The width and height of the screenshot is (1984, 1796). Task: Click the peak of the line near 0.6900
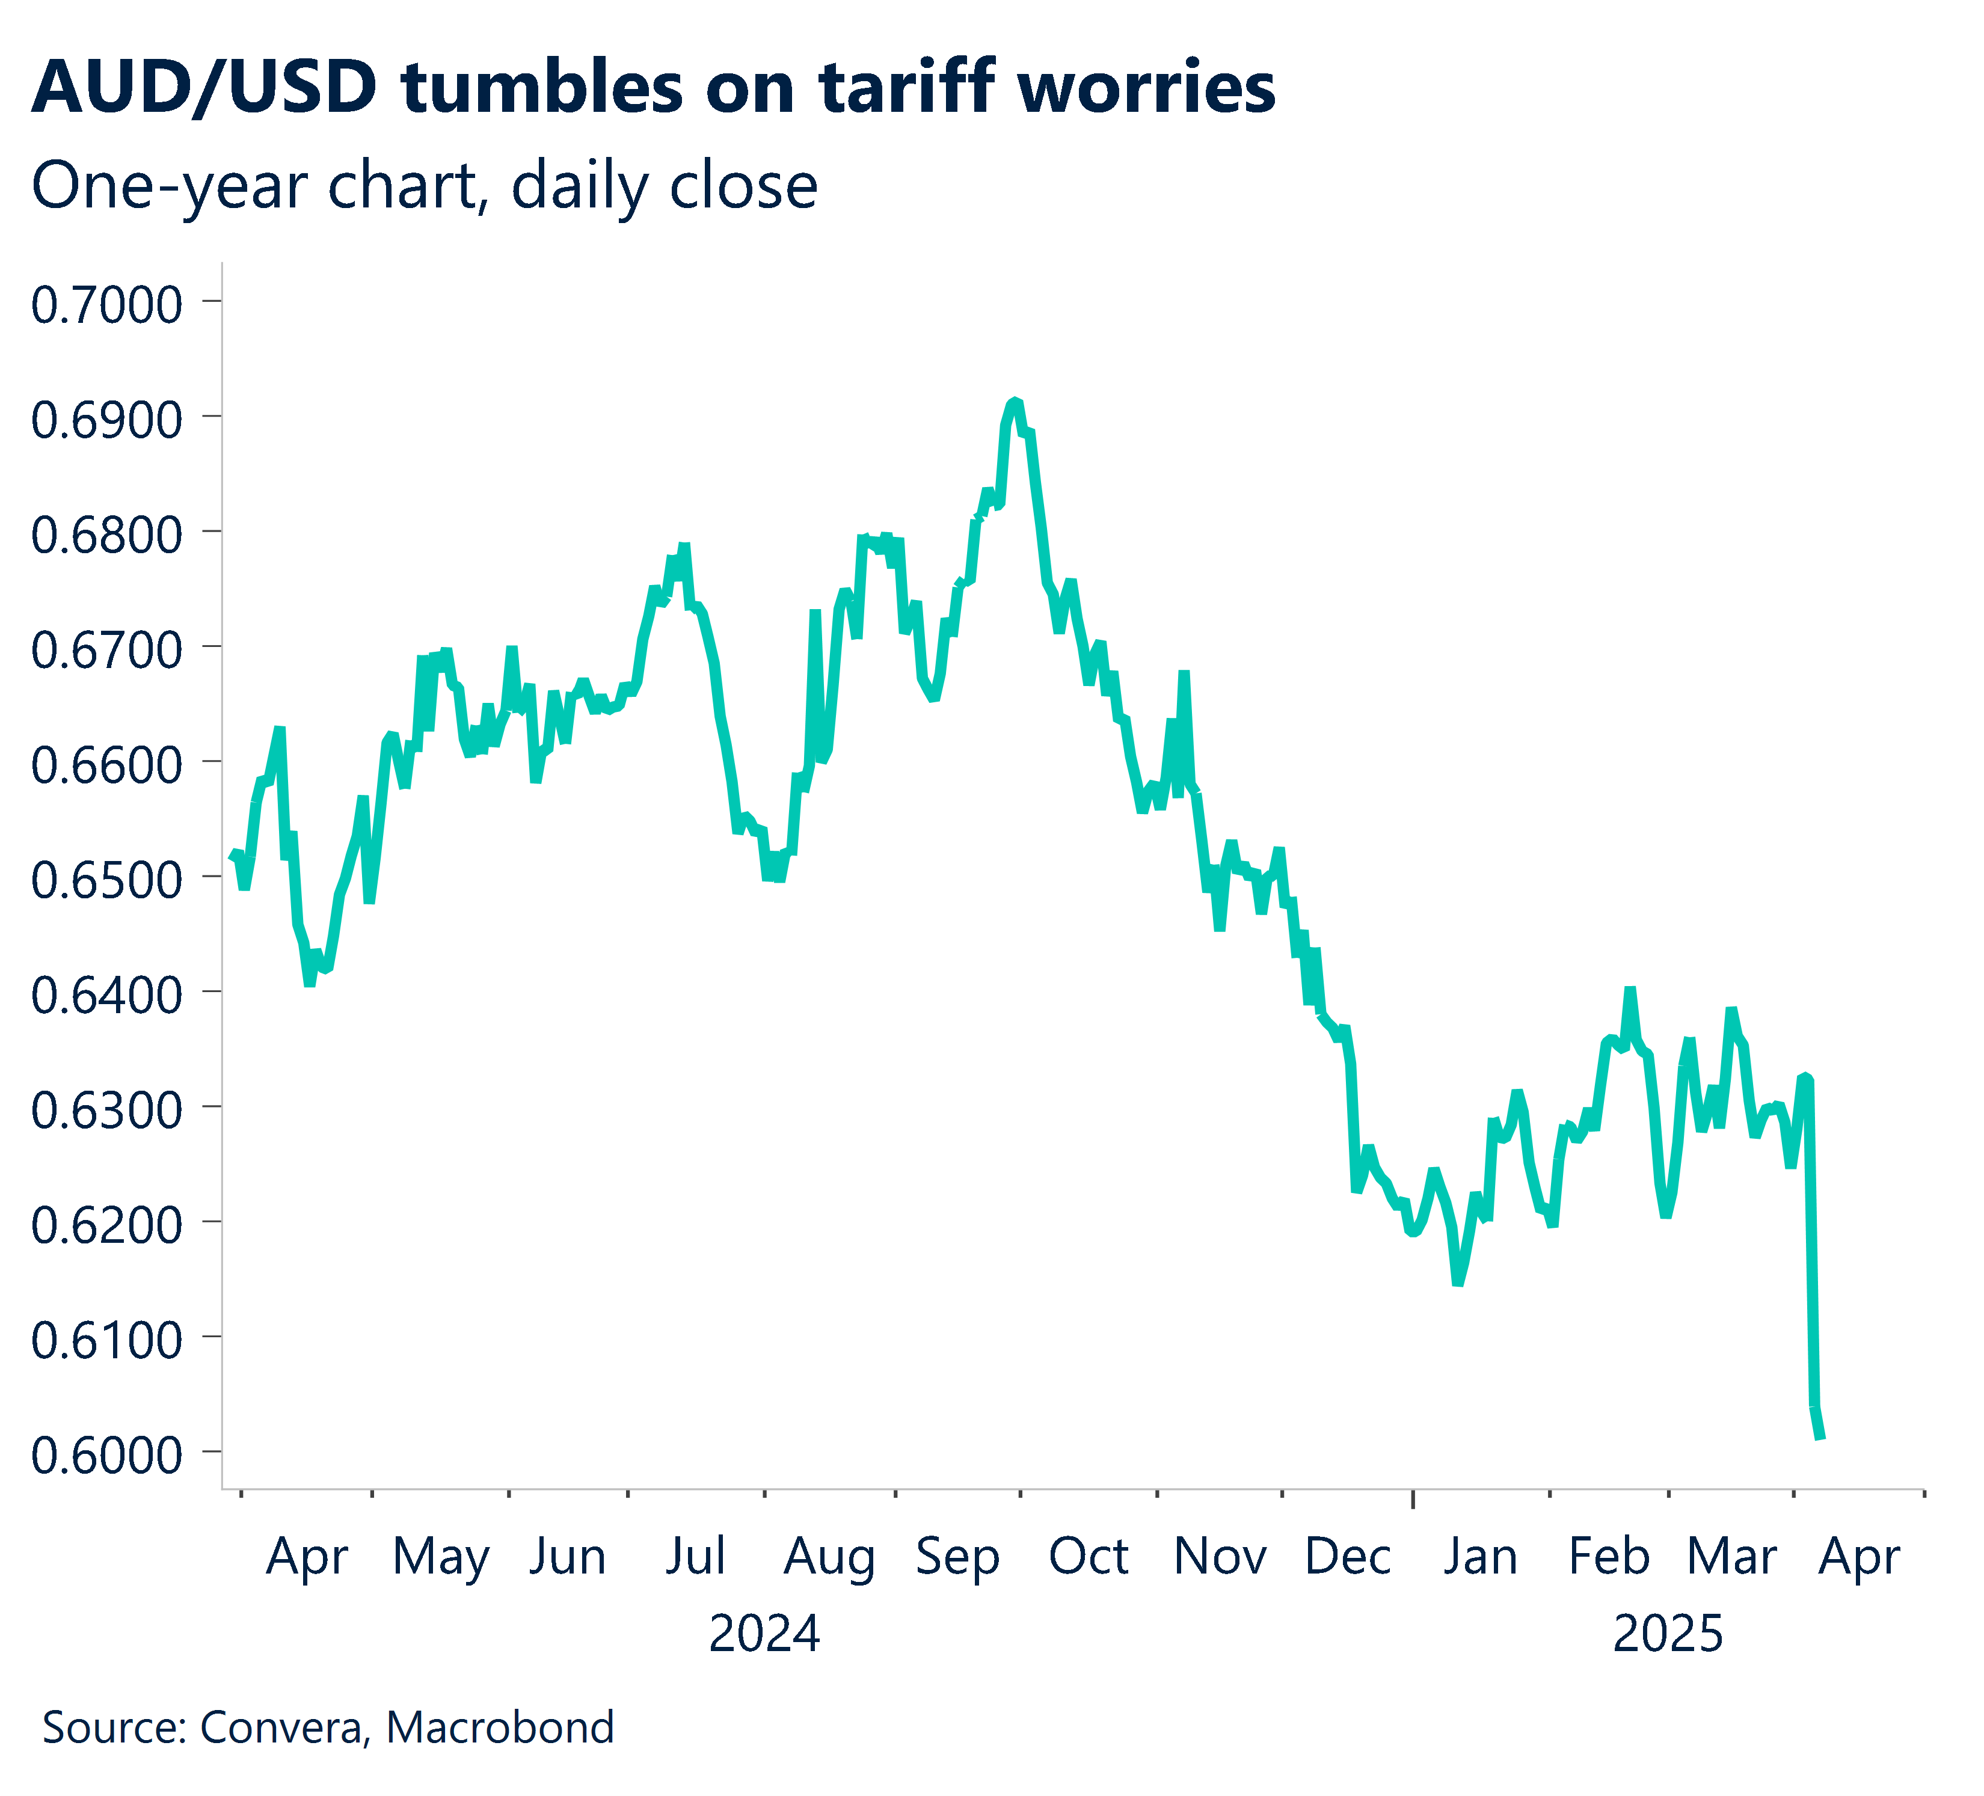point(1015,402)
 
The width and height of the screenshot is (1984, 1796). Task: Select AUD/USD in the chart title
point(204,88)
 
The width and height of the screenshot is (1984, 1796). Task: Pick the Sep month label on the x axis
point(957,1557)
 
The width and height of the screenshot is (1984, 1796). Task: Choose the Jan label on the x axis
point(1480,1557)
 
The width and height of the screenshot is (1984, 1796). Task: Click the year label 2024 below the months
point(764,1635)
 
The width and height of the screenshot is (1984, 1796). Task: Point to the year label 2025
point(1668,1635)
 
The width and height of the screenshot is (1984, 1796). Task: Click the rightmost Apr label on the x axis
point(1858,1557)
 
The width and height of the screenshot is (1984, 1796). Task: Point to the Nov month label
point(1220,1557)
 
